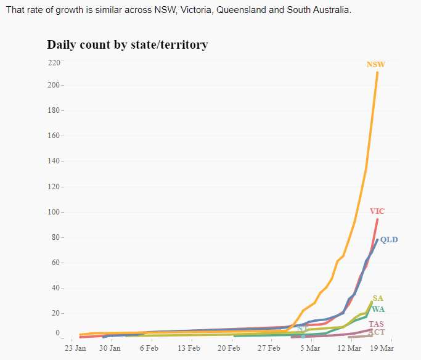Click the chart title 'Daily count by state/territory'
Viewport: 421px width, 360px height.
point(128,45)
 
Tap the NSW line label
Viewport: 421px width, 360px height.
point(376,65)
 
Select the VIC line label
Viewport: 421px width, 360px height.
point(377,211)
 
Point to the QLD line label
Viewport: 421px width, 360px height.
point(389,240)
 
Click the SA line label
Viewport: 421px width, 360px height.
point(378,298)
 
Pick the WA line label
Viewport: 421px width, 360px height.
point(378,309)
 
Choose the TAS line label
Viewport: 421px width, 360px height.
point(377,324)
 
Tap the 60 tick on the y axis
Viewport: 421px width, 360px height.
point(56,263)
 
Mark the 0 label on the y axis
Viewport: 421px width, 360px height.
point(58,333)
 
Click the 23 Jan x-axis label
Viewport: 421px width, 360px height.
point(75,348)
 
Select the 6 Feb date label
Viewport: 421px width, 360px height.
point(150,348)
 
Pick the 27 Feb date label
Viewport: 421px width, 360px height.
point(268,348)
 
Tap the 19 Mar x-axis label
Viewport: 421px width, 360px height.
point(382,348)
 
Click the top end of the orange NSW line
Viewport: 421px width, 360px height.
point(377,73)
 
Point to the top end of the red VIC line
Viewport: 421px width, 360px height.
point(377,219)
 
